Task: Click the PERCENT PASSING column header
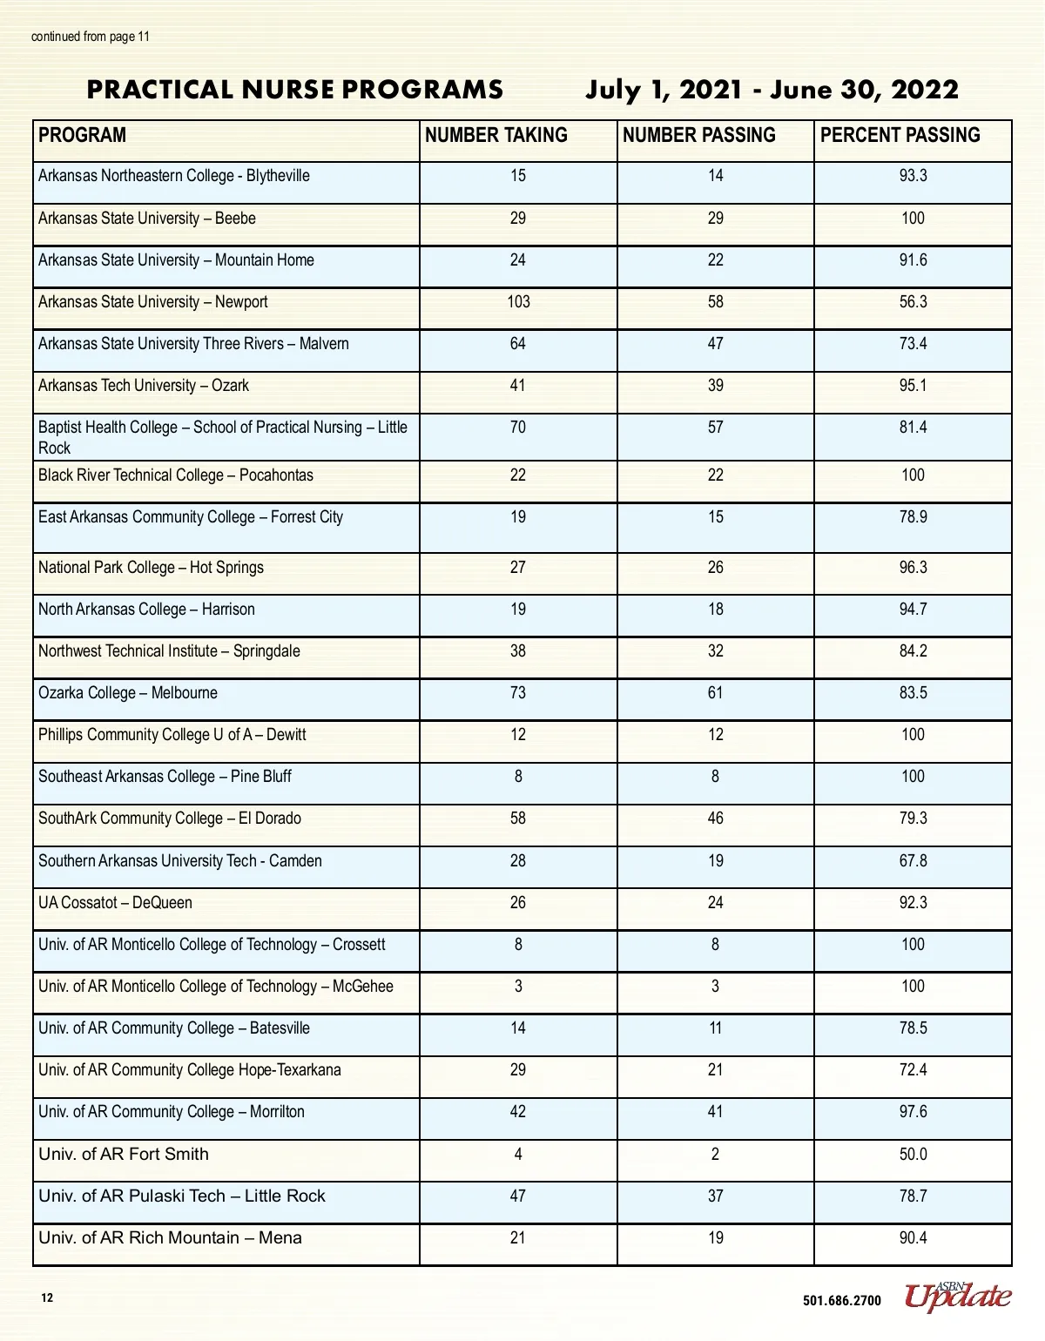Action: (x=900, y=135)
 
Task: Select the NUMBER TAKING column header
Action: (x=496, y=135)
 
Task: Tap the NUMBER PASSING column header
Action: (x=698, y=135)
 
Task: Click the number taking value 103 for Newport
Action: (x=518, y=301)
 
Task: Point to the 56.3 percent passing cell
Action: (x=913, y=301)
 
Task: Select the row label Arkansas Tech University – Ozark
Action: (x=144, y=385)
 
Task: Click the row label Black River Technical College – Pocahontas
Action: (x=176, y=475)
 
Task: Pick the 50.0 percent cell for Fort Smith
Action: (x=913, y=1154)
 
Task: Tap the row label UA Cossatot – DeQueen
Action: (x=115, y=902)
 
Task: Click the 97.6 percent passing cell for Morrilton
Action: (x=913, y=1111)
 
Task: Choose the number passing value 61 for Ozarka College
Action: (x=715, y=692)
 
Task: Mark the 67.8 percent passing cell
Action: (x=913, y=860)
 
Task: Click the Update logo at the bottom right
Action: (x=958, y=1297)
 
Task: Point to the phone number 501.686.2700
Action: (x=841, y=1301)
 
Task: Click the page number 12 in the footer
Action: (x=47, y=1298)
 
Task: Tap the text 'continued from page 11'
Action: (x=91, y=37)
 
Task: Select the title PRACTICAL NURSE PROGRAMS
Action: (x=295, y=90)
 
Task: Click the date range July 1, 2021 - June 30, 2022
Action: (x=772, y=90)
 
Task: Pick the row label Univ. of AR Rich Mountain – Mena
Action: (x=170, y=1237)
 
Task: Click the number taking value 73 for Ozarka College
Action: (x=518, y=692)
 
